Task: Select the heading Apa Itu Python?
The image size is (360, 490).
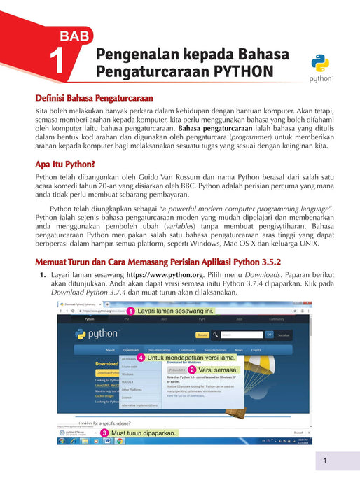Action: point(64,164)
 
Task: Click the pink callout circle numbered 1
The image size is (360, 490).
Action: point(130,310)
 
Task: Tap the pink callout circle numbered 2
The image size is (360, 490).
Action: point(191,370)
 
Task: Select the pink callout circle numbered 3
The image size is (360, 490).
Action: point(104,434)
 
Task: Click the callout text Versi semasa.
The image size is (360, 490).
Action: point(219,370)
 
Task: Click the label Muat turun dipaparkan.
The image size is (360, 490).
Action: point(143,434)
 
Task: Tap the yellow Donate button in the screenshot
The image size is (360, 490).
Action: point(202,335)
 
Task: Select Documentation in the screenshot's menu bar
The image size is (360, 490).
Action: point(159,349)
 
